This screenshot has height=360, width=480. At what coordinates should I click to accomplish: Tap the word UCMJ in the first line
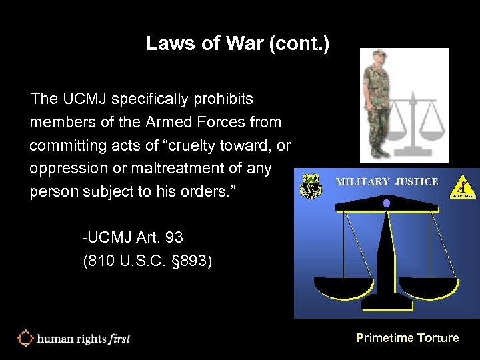(x=85, y=99)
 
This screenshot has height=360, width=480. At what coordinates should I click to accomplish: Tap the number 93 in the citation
(x=174, y=237)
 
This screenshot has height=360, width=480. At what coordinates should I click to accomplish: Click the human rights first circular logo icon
(x=25, y=338)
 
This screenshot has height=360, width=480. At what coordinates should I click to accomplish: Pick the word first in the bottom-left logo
(x=119, y=339)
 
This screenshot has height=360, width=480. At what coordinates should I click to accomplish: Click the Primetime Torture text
(x=407, y=338)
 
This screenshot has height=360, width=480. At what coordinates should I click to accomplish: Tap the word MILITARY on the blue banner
(x=363, y=181)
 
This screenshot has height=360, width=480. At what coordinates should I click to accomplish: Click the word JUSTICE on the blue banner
(x=417, y=181)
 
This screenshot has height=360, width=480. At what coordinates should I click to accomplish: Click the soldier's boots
(x=379, y=151)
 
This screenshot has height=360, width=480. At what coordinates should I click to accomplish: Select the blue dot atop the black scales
(x=385, y=203)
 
